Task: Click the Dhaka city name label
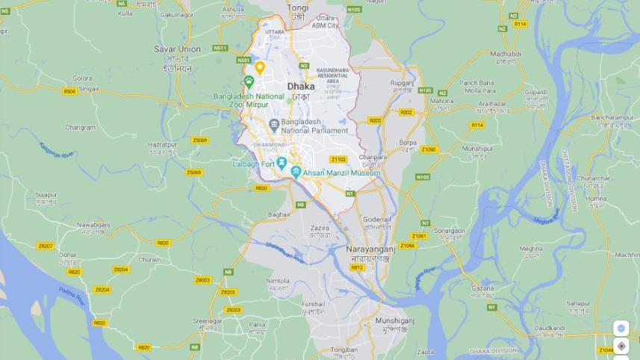[301, 87]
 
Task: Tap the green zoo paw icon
[249, 81]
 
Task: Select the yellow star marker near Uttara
[260, 67]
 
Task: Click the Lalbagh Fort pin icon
[282, 163]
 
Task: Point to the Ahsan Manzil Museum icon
[296, 173]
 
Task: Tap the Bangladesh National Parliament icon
[274, 124]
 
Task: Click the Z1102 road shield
[338, 159]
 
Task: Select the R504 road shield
[69, 91]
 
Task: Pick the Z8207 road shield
[46, 246]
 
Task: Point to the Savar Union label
[177, 49]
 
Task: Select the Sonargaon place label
[450, 231]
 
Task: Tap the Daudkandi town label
[550, 328]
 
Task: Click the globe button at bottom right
[621, 328]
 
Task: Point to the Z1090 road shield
[428, 149]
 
